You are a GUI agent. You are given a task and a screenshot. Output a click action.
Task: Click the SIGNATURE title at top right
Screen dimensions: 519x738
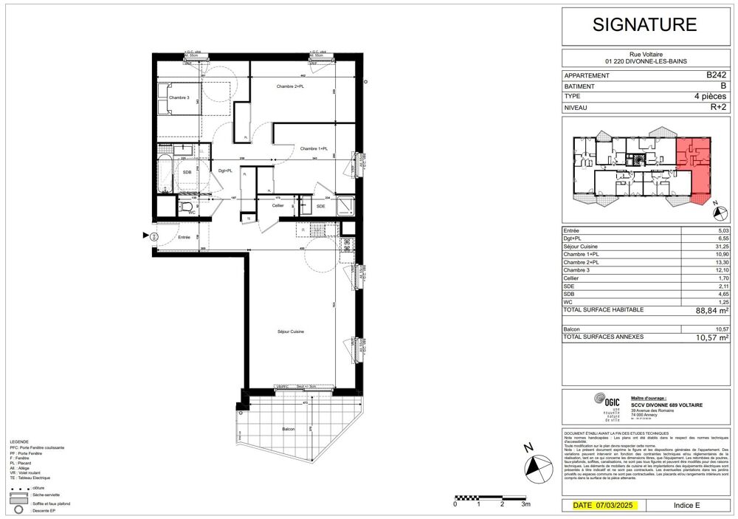(x=645, y=24)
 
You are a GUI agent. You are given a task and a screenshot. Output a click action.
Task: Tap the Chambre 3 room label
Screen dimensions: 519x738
(x=179, y=98)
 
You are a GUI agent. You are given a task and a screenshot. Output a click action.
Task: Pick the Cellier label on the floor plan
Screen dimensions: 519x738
(x=277, y=206)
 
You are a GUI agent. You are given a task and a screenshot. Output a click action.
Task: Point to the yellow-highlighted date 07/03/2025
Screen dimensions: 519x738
(x=604, y=506)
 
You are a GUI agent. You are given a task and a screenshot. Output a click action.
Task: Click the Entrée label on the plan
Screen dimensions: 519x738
(x=184, y=237)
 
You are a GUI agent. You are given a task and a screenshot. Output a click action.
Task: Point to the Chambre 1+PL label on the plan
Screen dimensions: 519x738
(x=314, y=148)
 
